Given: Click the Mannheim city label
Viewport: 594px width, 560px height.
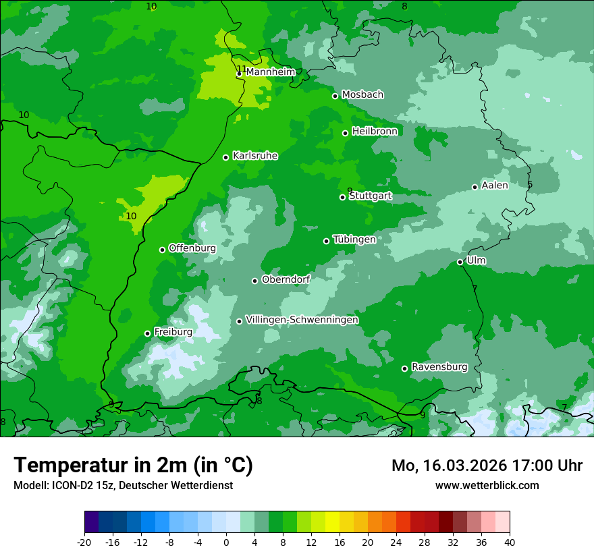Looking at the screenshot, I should click(x=270, y=72).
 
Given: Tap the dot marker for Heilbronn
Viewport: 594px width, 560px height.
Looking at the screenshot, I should click(x=345, y=133).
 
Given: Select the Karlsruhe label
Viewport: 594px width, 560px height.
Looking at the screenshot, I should click(x=254, y=156).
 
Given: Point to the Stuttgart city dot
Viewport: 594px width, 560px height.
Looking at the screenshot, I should click(x=342, y=197).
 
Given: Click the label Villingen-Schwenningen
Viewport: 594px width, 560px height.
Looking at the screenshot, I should click(x=302, y=320).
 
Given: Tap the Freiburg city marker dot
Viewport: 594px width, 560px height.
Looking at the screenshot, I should click(x=147, y=333).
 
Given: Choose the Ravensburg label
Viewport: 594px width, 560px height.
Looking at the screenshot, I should click(x=439, y=367).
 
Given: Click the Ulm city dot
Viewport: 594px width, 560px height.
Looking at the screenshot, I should click(x=460, y=262).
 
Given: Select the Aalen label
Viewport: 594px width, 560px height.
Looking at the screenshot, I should click(x=494, y=186).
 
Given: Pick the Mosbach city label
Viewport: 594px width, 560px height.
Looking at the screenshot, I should click(x=362, y=95).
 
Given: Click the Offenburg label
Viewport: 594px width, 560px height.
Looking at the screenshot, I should click(x=192, y=248).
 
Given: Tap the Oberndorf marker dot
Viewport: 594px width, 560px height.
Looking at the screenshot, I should click(x=254, y=281).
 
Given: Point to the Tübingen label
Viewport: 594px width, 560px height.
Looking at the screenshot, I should click(x=354, y=240).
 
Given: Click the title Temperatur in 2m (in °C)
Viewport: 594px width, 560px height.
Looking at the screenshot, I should click(x=133, y=465).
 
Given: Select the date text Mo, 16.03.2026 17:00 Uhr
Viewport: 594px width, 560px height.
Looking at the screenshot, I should click(x=487, y=466).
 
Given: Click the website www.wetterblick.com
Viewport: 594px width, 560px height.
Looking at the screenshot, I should click(x=487, y=485).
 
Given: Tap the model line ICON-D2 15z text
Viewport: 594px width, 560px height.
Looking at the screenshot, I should click(x=123, y=485).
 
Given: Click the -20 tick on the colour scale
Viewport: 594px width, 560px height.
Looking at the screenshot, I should click(x=84, y=542).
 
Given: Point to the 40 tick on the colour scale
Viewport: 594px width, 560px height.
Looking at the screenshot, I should click(x=510, y=542).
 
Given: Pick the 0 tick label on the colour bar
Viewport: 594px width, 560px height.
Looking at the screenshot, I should click(x=226, y=542).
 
